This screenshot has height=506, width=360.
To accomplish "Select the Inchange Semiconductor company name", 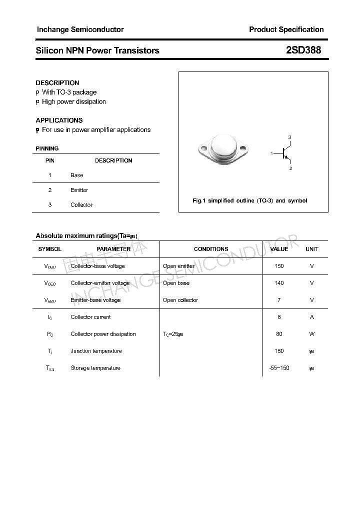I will point(80,29).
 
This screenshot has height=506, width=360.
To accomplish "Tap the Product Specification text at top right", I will point(286,29).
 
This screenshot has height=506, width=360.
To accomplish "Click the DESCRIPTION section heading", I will point(57,82).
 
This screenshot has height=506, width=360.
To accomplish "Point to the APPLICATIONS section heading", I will point(59,120).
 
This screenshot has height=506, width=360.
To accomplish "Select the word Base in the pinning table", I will point(77,175).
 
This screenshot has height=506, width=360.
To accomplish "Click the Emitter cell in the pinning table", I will point(79,190).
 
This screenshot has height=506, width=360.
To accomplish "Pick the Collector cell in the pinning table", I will point(81,205).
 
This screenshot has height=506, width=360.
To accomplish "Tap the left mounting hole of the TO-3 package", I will point(202,148).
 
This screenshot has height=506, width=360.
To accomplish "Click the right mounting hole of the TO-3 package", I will point(243,148).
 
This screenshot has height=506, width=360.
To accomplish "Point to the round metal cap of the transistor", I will point(222,145).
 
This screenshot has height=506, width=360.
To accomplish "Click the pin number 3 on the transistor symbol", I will point(289,137).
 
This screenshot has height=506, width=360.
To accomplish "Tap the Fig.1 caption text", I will point(250,200).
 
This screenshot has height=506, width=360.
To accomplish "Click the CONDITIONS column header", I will point(211,249).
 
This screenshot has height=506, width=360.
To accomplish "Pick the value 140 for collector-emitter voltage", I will point(279,283).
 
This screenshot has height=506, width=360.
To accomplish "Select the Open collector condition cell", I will point(180,300).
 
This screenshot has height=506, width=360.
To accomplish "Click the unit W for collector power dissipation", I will point(312,334).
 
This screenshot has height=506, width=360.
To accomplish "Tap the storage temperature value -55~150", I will point(279,368).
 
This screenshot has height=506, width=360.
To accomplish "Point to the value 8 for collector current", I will point(279,317).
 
